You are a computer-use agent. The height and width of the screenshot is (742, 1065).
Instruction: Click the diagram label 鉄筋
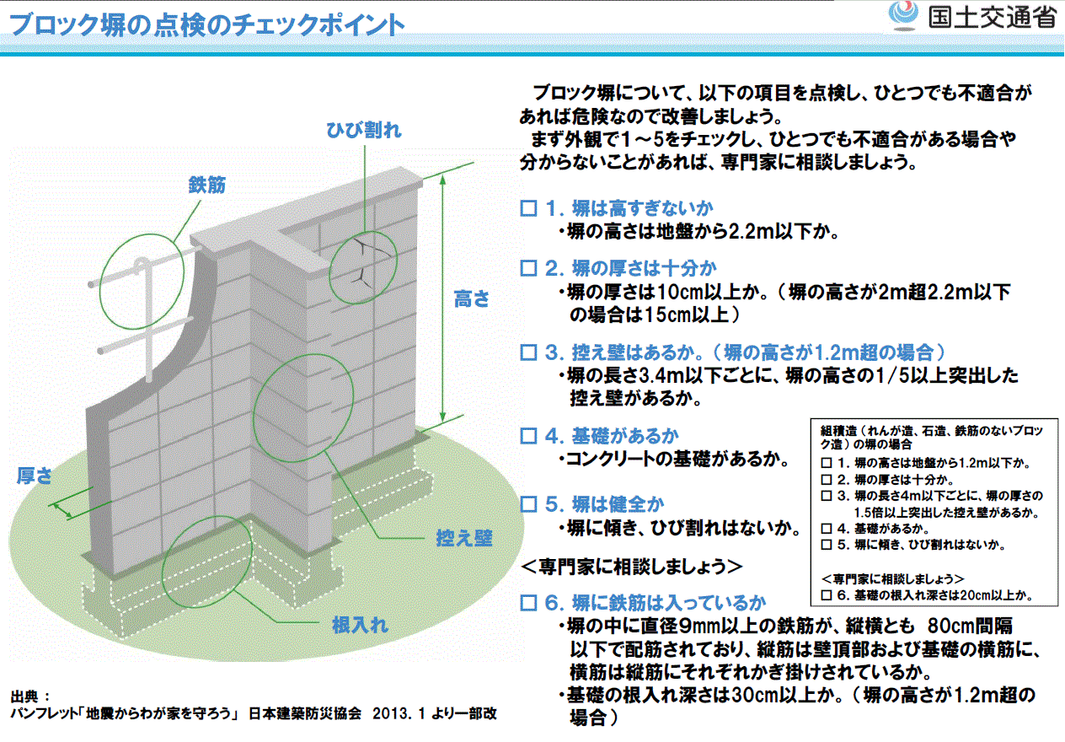pos(206,185)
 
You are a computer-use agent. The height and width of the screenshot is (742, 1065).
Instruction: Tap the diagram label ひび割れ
pos(364,130)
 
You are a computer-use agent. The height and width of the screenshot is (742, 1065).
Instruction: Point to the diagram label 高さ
pos(471,298)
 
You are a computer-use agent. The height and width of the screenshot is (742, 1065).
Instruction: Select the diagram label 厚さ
pos(35,476)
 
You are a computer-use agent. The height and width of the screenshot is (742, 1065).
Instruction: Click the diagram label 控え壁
pos(464,538)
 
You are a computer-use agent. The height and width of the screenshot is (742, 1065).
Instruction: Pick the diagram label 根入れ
pos(360,625)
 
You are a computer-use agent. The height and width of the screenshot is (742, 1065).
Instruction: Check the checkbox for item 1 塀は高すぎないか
pos(528,208)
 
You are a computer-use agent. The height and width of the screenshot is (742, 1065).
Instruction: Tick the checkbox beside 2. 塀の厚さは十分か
pos(528,268)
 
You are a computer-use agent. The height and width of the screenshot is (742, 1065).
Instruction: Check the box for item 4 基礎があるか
pos(528,435)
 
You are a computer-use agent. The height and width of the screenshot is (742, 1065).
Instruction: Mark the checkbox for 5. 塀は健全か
pos(528,504)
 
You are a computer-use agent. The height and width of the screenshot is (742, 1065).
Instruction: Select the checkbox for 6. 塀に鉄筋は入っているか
pos(528,603)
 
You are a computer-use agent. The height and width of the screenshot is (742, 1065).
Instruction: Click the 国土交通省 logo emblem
pos(903,16)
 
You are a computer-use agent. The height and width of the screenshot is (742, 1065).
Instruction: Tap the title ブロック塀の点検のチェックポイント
pos(206,24)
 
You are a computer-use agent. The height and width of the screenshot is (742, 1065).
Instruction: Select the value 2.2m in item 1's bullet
pos(752,232)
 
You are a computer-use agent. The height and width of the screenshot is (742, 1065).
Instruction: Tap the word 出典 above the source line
pos(24,696)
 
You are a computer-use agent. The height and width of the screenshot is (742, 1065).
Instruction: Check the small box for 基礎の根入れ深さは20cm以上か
pos(827,595)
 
